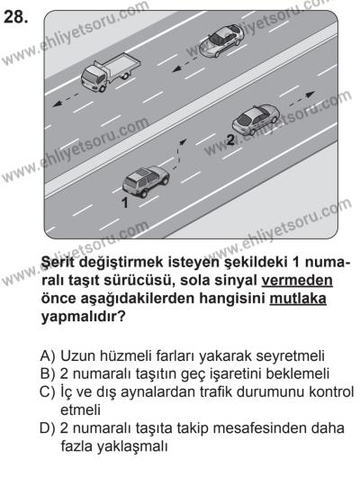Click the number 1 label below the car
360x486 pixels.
(x=126, y=203)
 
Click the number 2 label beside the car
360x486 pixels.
(x=230, y=139)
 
